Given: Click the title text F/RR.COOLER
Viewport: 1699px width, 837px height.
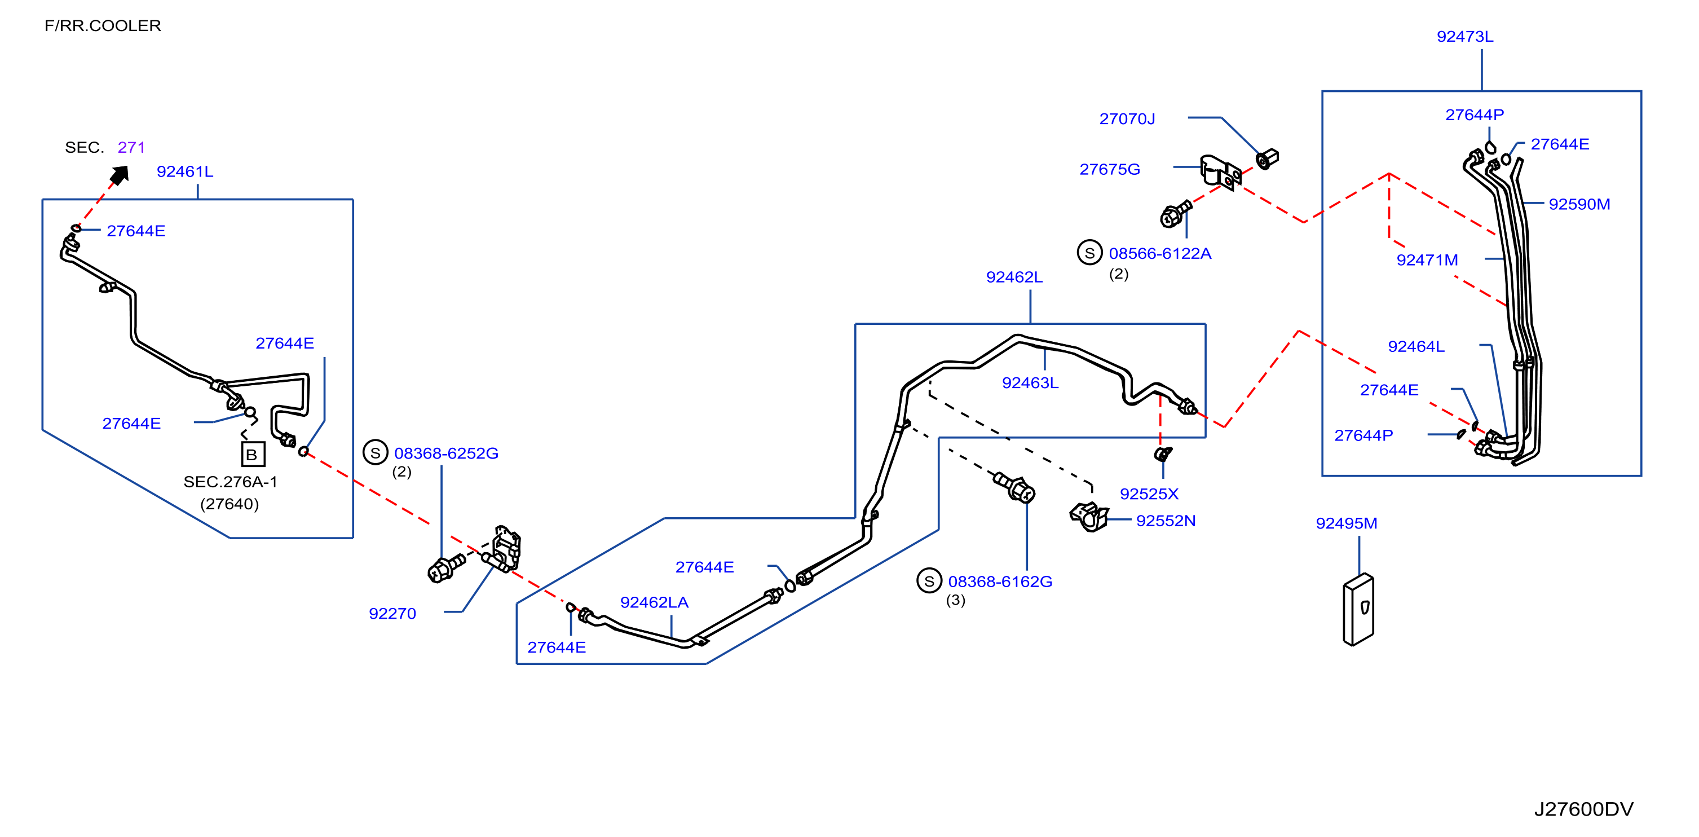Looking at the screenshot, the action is coord(102,26).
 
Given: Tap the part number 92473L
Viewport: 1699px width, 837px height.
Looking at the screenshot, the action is coord(1465,36).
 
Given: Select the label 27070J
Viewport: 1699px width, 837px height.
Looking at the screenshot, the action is coord(1127,118).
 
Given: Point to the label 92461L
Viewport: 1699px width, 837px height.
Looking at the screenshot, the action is coord(185,171).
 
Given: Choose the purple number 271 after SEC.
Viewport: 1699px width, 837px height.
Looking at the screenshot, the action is coord(131,147).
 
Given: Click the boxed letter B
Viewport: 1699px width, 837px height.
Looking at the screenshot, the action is coord(253,455).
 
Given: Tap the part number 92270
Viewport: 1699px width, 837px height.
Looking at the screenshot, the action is coord(392,614).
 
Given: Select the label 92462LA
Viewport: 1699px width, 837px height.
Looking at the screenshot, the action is coord(654,602).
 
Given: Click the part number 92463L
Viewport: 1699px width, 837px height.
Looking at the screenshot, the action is coord(1030,382).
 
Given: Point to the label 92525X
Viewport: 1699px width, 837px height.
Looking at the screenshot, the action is coord(1149,494).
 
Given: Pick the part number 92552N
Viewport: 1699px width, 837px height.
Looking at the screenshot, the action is coord(1166,521).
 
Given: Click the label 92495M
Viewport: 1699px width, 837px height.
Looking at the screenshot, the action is coord(1346,523).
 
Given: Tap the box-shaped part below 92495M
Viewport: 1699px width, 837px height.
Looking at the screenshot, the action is coord(1358,610).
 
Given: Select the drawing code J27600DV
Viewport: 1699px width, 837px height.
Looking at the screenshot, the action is coord(1583,809).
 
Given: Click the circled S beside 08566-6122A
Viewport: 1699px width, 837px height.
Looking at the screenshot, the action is coord(1089,253).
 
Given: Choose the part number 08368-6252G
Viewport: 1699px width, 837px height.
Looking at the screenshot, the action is coord(446,453).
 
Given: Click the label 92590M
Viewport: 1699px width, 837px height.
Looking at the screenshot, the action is coord(1579,204).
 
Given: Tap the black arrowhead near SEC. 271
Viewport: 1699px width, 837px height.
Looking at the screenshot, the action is coord(120,175).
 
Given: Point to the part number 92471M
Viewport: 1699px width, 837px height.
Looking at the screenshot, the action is coord(1427,260).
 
